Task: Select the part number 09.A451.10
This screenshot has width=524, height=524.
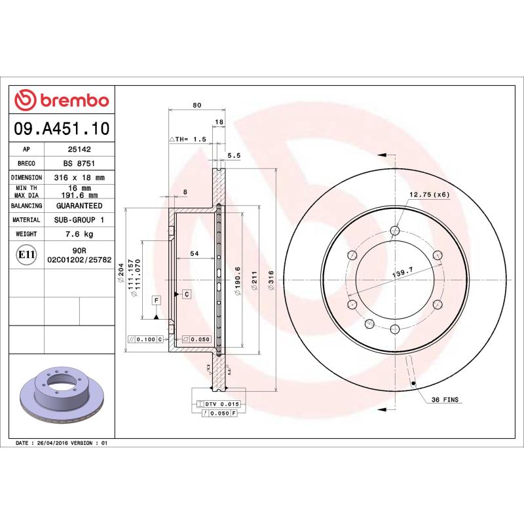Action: tap(62, 128)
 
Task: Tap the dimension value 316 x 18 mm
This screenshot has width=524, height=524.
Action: tap(79, 178)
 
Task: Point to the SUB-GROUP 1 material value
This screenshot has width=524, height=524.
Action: tap(79, 220)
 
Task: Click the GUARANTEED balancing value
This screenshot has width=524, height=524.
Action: tap(79, 206)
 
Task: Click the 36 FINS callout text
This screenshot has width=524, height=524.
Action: tap(445, 399)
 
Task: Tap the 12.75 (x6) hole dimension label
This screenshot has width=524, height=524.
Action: tap(429, 195)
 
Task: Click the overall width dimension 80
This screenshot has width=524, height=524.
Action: tap(196, 105)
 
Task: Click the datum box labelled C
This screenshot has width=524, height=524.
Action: tap(187, 294)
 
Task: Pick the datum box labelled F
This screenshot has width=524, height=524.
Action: tap(157, 300)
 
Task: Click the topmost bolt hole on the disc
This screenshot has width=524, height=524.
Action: tap(394, 230)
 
